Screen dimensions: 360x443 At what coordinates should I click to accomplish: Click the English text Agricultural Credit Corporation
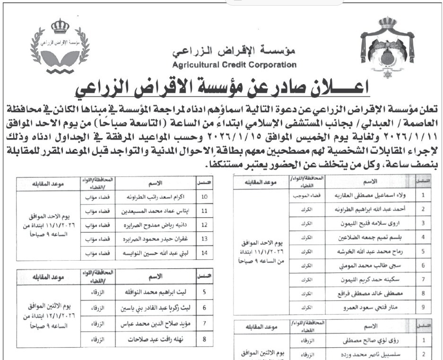click(235, 65)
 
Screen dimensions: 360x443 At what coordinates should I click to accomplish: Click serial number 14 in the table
click(205, 254)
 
